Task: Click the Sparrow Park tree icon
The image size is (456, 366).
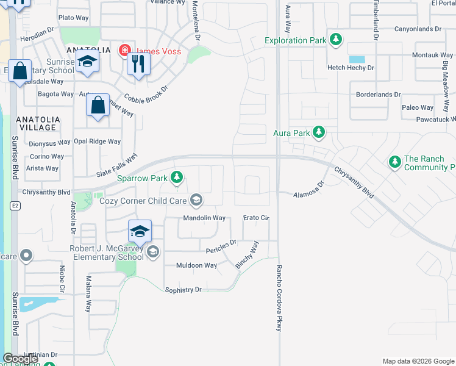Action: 177,178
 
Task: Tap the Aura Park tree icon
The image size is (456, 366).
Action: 318,132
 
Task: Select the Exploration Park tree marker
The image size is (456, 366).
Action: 335,40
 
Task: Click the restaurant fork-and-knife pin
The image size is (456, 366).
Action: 139,63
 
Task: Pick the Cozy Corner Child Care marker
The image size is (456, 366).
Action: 196,199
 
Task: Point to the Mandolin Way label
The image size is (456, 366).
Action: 205,218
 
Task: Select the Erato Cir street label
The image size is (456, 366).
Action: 256,218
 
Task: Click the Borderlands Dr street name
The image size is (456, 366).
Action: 379,95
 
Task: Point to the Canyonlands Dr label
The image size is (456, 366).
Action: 418,29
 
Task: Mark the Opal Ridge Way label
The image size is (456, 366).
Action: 97,142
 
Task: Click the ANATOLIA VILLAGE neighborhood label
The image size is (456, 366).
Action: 38,123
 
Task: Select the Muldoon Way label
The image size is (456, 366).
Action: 196,265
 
